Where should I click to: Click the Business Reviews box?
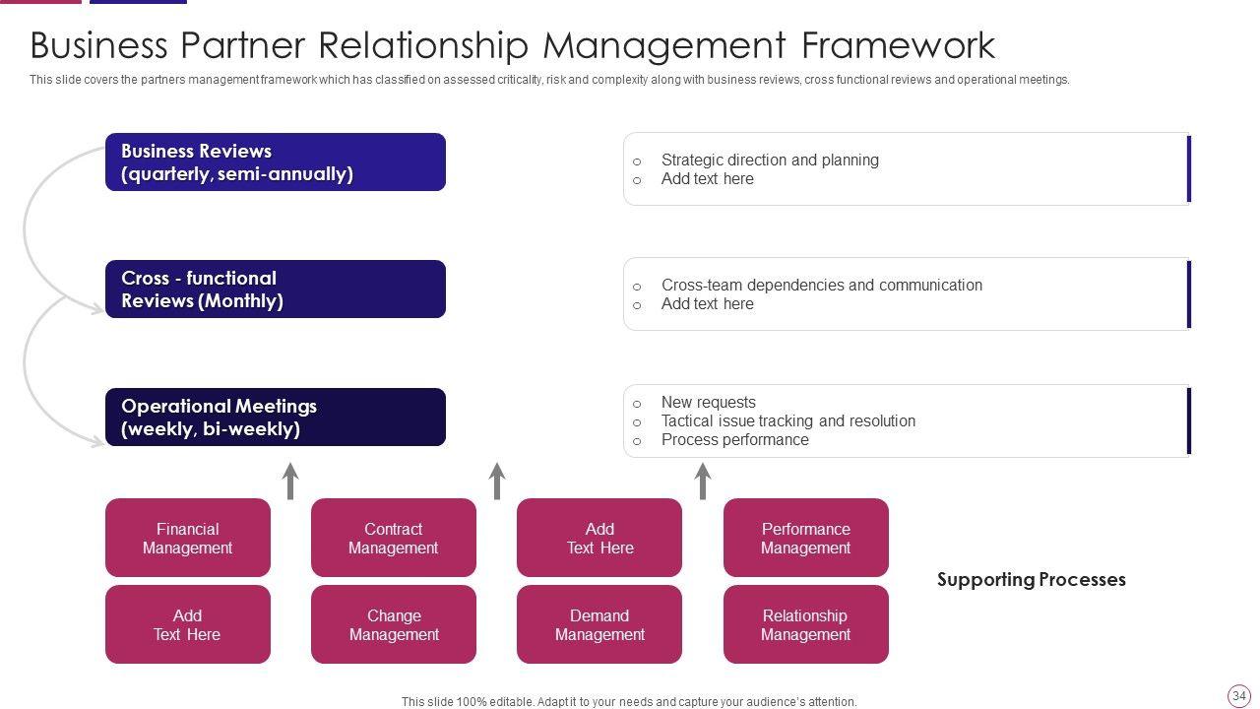tap(276, 162)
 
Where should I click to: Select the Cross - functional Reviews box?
tap(276, 290)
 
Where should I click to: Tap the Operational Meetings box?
tap(276, 417)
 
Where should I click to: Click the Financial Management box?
tap(188, 538)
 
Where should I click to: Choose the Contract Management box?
tap(394, 538)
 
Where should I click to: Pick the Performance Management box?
tap(806, 538)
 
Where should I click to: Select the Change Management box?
tap(394, 624)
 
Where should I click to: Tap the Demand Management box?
tap(599, 624)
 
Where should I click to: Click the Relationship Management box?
tap(806, 624)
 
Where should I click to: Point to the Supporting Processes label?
tap(1032, 580)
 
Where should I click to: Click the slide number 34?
tap(1238, 695)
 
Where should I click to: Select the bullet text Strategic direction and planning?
tap(770, 160)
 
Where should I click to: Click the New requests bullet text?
tap(709, 403)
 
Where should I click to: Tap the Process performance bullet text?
tap(735, 439)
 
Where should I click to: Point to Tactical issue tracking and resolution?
tap(788, 420)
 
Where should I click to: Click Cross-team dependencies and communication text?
tap(822, 285)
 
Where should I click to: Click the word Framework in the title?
tap(899, 45)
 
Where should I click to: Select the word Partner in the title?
tap(242, 45)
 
